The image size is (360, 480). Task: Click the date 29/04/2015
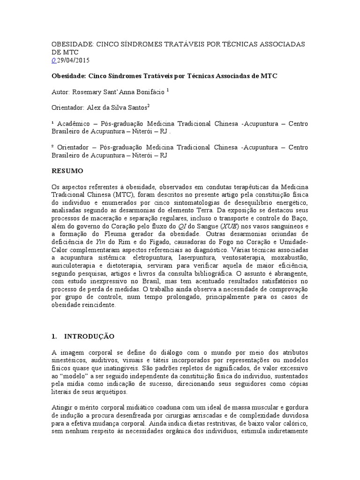[x=74, y=60]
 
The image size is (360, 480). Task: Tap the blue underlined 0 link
[x=52, y=60]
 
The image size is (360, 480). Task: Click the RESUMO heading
[x=67, y=171]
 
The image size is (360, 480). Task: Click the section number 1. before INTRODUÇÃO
[x=53, y=336]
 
